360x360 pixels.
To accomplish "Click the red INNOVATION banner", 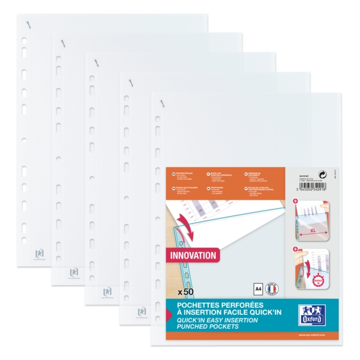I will click(193, 255).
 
